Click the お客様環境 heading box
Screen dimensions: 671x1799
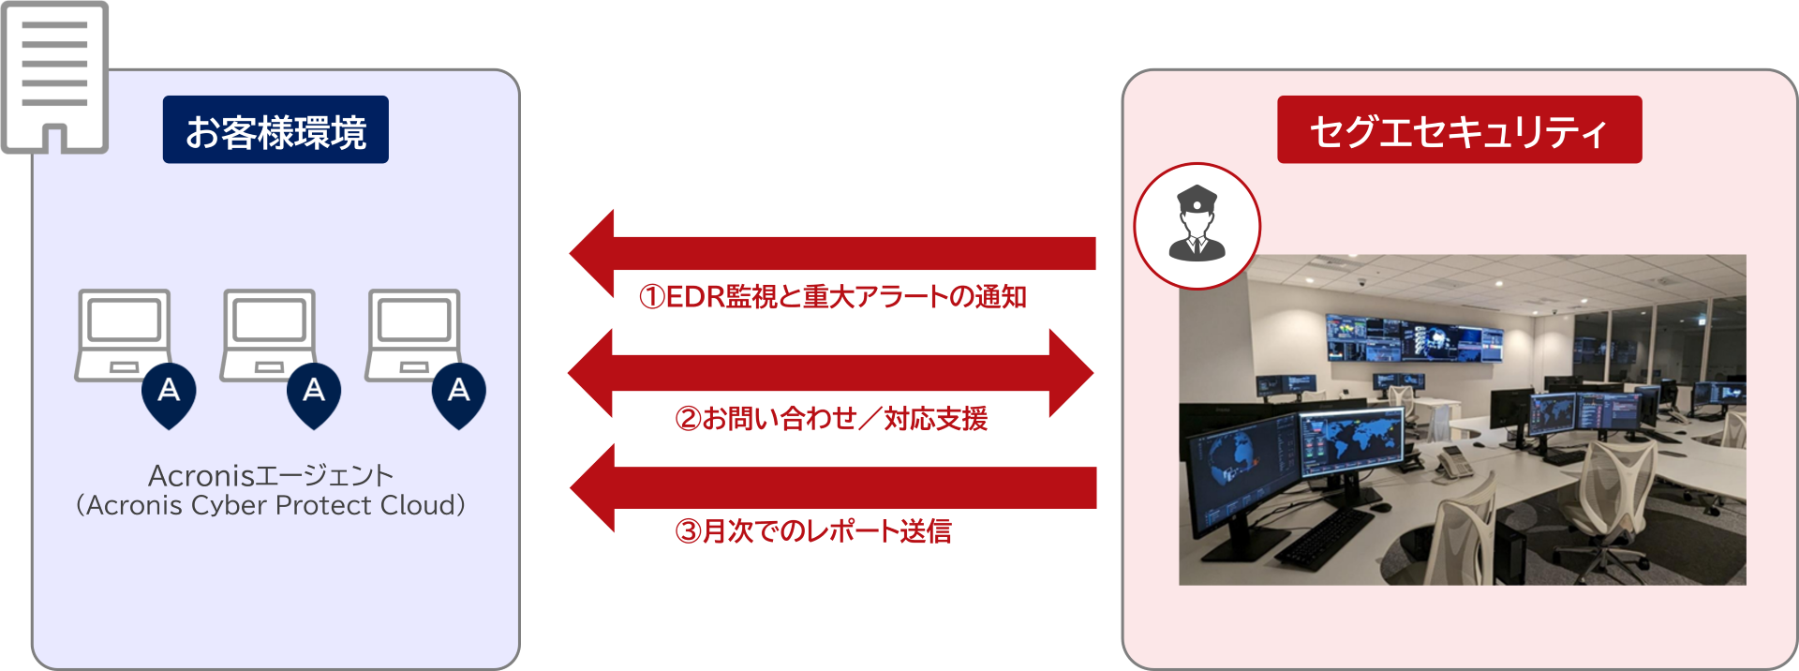point(275,130)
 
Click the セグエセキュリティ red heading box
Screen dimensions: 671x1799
point(1459,130)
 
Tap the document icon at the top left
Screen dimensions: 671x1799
point(54,75)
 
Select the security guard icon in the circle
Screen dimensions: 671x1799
point(1197,226)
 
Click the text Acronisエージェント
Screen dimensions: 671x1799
point(271,476)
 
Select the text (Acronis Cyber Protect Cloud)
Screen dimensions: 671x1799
point(271,506)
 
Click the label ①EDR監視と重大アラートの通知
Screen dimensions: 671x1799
point(832,297)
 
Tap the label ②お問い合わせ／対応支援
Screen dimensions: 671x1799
point(831,418)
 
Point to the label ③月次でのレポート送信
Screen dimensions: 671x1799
point(813,531)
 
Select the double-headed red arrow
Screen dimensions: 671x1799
point(830,372)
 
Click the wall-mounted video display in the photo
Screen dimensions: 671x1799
point(1415,339)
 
